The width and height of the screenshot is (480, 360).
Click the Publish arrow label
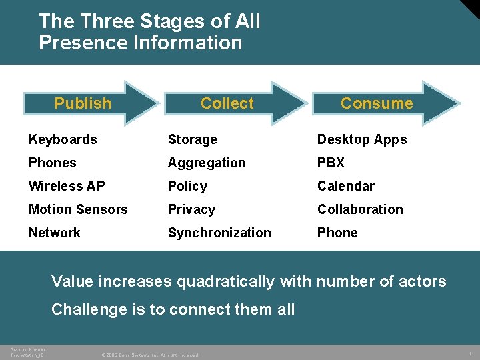point(83,103)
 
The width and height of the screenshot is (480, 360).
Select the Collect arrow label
point(227,103)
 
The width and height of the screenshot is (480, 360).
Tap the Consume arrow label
point(377,103)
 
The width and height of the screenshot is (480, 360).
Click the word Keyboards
point(63,139)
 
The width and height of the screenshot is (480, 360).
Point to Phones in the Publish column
point(52,163)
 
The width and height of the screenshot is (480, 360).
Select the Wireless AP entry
point(67,186)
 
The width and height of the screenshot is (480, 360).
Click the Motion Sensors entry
point(78,209)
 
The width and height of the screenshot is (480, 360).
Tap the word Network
point(54,233)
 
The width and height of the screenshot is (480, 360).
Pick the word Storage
point(192,139)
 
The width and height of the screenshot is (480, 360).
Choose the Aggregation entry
point(207,163)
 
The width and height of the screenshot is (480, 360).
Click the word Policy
point(187,186)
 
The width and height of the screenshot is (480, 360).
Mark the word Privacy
point(191,209)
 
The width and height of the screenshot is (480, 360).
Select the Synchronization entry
point(219,233)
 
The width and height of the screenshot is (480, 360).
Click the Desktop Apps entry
point(362,139)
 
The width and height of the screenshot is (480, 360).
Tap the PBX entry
point(331,163)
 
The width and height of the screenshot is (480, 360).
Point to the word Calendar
point(345,186)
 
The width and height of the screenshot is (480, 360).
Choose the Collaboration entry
point(360,209)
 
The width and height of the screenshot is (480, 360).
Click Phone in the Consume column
point(337,233)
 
